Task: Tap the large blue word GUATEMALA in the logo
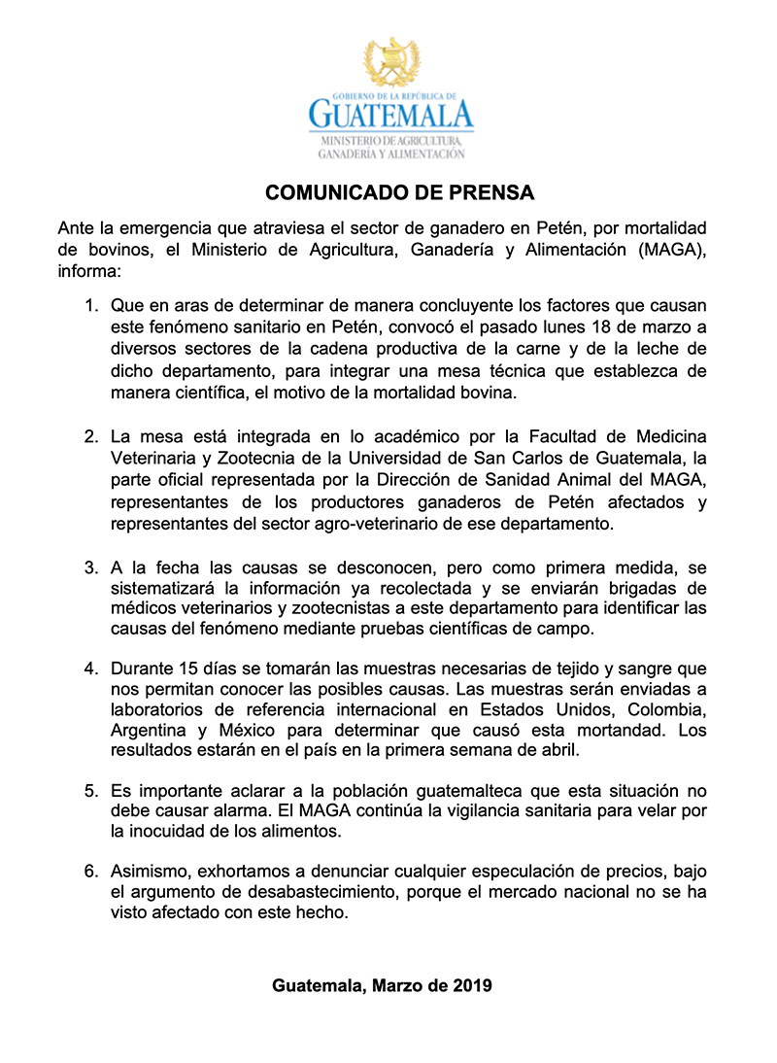pos(390,116)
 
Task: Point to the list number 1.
pos(90,306)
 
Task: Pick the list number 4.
pos(90,669)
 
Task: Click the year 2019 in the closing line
pos(472,985)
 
